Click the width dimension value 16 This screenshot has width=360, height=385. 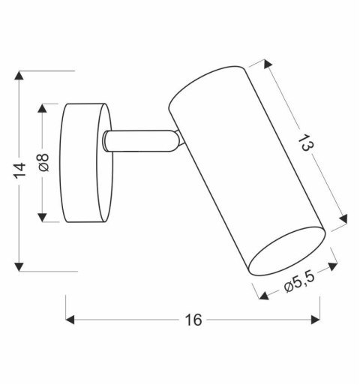(193, 320)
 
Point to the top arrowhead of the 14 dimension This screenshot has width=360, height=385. (21, 75)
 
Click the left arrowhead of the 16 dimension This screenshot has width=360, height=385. (71, 320)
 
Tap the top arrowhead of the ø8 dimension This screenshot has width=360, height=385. (44, 107)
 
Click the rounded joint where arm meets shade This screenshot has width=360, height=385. (177, 140)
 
